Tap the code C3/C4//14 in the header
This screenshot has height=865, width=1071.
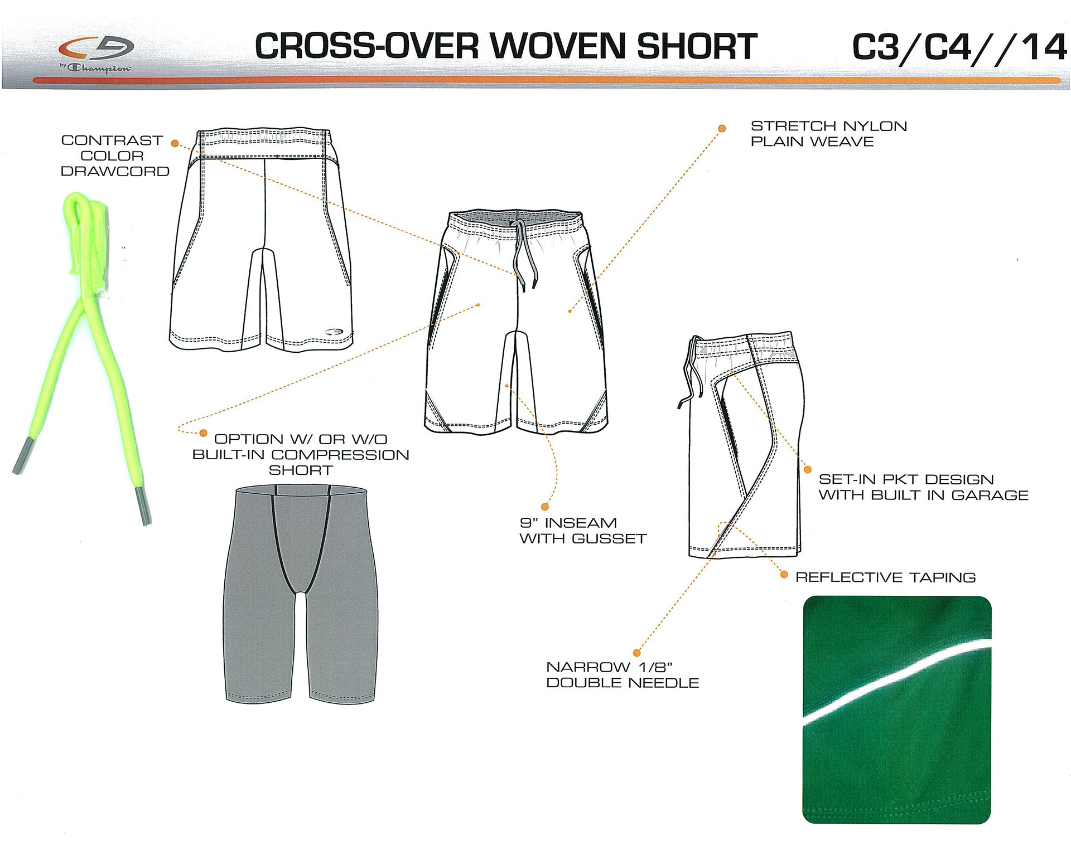click(959, 47)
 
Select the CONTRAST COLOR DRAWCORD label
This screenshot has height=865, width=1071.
click(114, 156)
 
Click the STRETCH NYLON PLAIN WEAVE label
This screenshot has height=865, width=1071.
click(828, 134)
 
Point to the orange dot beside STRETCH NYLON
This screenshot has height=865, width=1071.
click(722, 129)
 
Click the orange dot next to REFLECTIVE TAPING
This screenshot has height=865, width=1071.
click(784, 575)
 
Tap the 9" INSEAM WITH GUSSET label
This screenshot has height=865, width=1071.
click(582, 531)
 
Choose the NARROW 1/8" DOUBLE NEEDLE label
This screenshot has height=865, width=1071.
click(622, 675)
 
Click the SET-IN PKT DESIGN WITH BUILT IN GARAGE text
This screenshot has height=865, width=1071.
click(923, 487)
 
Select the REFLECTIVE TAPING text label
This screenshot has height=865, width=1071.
click(885, 577)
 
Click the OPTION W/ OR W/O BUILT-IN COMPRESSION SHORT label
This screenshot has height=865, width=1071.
click(301, 455)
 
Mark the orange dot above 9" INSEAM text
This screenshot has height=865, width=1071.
click(545, 507)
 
